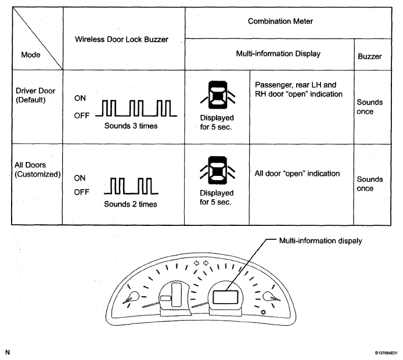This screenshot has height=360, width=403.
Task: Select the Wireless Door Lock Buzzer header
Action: (123, 39)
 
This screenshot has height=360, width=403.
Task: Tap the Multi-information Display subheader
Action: (270, 54)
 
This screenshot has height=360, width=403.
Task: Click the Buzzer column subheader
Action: (370, 57)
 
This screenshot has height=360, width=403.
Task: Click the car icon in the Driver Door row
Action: (217, 93)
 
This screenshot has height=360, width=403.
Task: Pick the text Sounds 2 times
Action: (131, 204)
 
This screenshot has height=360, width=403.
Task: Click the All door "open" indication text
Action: (297, 174)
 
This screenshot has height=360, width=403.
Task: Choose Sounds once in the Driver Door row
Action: (370, 107)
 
